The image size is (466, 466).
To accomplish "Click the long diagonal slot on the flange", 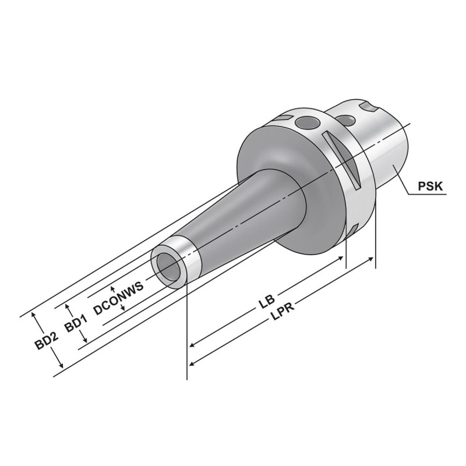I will click(x=343, y=159).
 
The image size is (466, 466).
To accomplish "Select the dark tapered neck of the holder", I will click(x=250, y=216).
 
